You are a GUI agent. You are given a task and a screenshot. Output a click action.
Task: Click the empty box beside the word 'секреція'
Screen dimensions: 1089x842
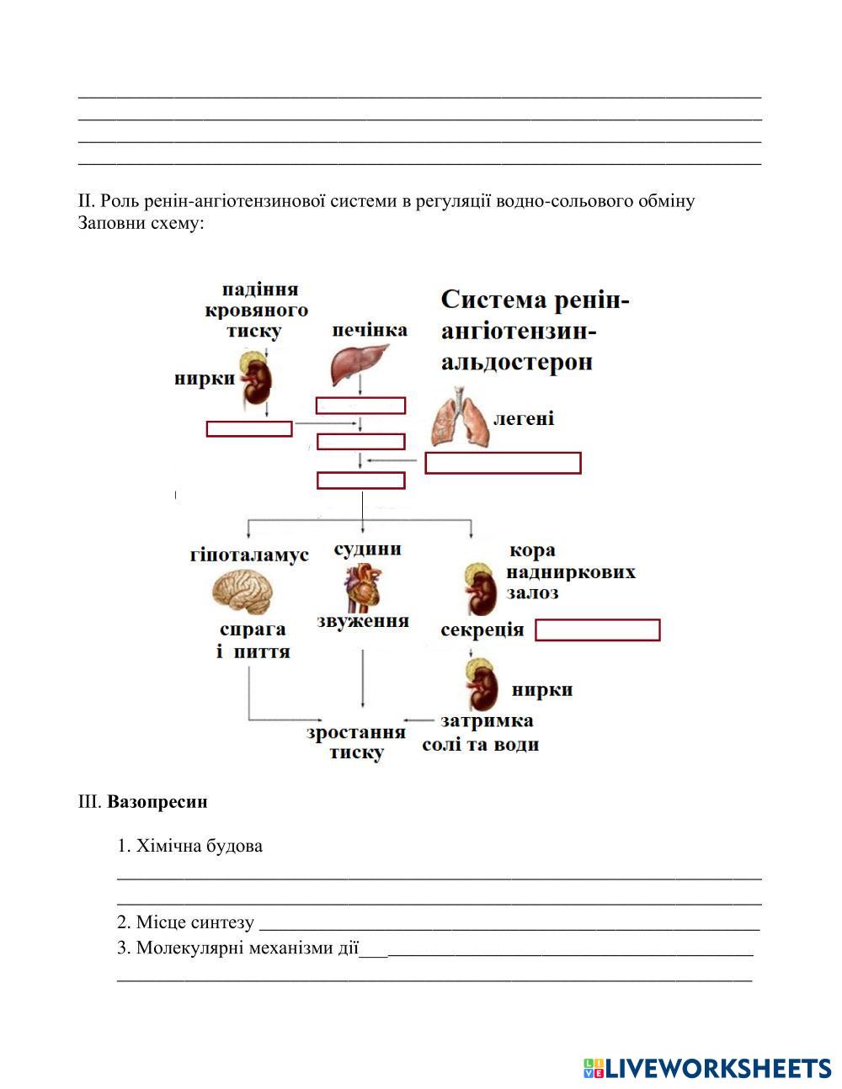[597, 630]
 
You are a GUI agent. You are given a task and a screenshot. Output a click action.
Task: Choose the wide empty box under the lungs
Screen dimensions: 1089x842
[503, 463]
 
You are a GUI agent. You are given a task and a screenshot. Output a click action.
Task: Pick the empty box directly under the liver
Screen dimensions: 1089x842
[360, 406]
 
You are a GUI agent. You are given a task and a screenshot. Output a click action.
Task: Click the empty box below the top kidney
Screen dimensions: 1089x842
[249, 428]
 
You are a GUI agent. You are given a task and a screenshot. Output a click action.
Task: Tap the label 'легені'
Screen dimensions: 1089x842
[523, 418]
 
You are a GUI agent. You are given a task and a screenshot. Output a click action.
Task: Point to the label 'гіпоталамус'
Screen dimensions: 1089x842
[249, 555]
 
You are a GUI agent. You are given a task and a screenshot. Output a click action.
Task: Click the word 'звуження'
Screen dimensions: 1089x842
[363, 621]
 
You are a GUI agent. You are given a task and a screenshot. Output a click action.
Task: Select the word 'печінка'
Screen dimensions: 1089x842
[369, 329]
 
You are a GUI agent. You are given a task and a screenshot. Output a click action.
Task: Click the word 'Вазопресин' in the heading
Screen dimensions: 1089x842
[157, 801]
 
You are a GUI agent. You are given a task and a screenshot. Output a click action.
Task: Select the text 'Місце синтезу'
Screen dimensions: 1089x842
[195, 922]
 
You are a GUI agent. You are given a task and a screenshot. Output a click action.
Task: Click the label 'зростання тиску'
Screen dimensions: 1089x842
[356, 742]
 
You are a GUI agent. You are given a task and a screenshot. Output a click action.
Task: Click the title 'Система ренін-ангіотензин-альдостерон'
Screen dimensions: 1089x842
[535, 331]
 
